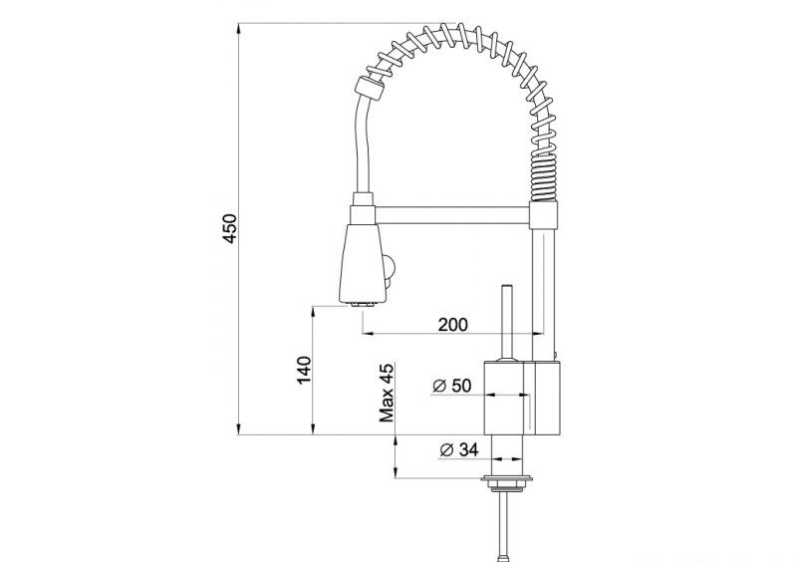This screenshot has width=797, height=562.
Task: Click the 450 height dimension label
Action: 230,228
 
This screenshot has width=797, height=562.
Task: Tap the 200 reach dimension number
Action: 452,324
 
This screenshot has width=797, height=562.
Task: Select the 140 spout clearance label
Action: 304,371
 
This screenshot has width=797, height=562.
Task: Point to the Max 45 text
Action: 387,393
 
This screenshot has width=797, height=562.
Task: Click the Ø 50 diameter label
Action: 451,386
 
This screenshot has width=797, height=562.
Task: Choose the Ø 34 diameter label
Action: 458,449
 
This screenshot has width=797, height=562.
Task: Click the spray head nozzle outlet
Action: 362,305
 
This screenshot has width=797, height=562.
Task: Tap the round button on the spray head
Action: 390,265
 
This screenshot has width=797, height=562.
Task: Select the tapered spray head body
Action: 363,263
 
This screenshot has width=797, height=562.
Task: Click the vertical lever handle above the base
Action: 506,323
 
